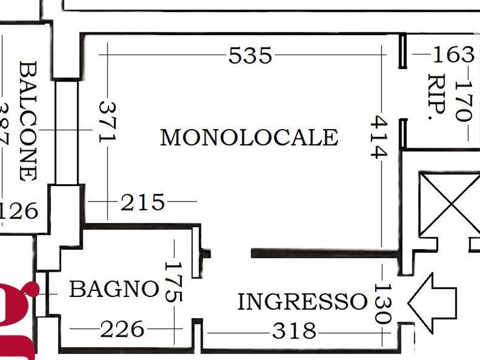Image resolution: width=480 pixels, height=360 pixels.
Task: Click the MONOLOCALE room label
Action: [249, 137]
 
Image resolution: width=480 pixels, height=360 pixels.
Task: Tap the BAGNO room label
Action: [115, 289]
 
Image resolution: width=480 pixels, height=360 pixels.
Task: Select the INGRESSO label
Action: [302, 302]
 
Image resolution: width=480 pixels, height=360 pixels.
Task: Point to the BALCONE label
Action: [28, 121]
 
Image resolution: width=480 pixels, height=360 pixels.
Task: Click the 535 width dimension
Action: [250, 55]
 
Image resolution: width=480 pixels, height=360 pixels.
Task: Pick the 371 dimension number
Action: [107, 122]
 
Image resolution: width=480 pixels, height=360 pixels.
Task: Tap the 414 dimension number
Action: [379, 137]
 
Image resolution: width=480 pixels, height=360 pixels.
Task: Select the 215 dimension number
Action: [142, 202]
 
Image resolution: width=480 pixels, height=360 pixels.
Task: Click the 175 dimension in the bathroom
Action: [174, 282]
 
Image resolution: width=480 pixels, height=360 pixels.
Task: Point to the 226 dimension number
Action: [122, 329]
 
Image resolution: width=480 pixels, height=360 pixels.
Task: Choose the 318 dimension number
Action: [294, 331]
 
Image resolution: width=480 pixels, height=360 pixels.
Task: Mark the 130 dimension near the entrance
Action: [383, 304]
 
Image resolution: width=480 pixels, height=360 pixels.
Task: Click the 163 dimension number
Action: [454, 55]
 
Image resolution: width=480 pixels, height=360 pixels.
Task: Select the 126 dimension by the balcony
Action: [18, 211]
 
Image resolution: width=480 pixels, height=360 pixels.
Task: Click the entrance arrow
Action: [432, 302]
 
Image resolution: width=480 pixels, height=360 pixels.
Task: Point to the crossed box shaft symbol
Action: [449, 204]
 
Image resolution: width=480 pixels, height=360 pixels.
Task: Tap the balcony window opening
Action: [67, 132]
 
